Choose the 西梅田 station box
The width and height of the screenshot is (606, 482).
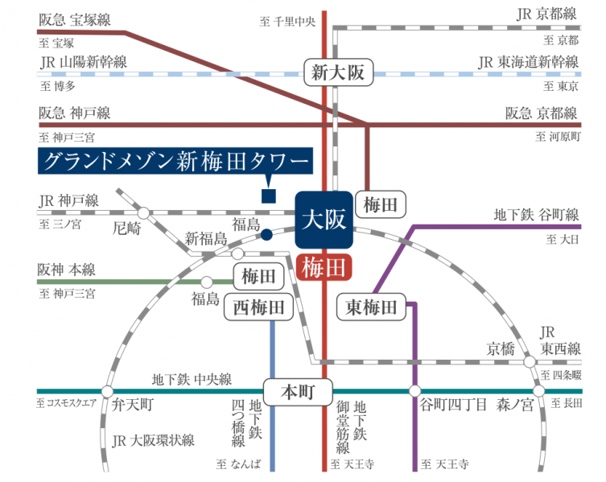258,307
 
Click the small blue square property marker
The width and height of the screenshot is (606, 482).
269,195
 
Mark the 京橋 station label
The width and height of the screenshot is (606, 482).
499,348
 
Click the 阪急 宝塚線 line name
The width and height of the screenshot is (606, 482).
75,18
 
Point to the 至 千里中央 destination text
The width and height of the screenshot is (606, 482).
287,21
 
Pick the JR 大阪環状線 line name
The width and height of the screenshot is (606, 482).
154,440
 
